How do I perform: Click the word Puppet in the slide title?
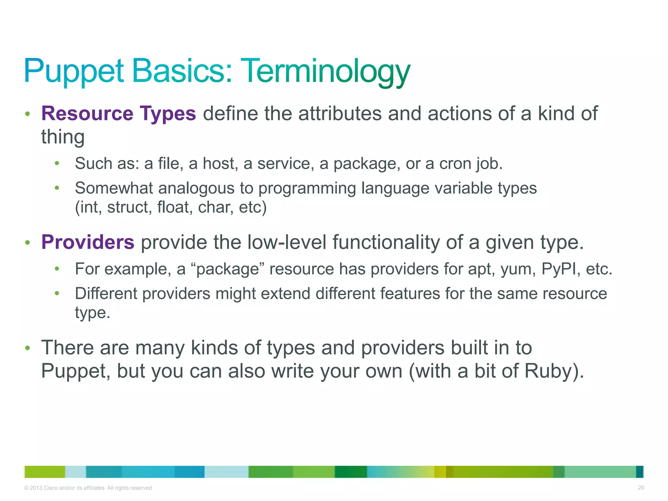(x=74, y=71)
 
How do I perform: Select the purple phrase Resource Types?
(x=118, y=114)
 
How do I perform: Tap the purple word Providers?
(x=88, y=242)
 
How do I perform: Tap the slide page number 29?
(x=641, y=488)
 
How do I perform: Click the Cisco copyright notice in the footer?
(x=88, y=488)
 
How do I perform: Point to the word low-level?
(x=287, y=242)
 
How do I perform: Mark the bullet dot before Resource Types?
(x=28, y=114)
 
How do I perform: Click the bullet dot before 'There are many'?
(x=28, y=348)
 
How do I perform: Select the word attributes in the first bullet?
(x=340, y=114)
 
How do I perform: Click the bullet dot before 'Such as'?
(x=57, y=163)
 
